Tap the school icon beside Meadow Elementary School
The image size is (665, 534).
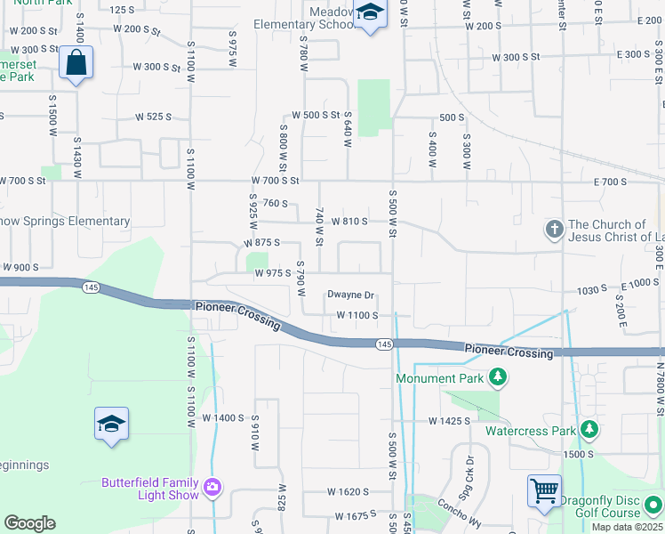370,14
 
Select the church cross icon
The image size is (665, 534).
554,230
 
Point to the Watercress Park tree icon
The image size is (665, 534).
589,431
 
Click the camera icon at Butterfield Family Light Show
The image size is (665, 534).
212,487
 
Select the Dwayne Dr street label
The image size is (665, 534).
350,295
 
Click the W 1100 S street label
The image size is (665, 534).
357,316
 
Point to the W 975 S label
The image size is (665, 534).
273,273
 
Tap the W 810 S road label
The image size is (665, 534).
349,221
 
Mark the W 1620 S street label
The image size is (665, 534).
347,491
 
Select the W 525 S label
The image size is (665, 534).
152,117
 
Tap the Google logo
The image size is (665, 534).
29,523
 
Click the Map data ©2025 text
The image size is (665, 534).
627,528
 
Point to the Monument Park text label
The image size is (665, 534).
440,378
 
